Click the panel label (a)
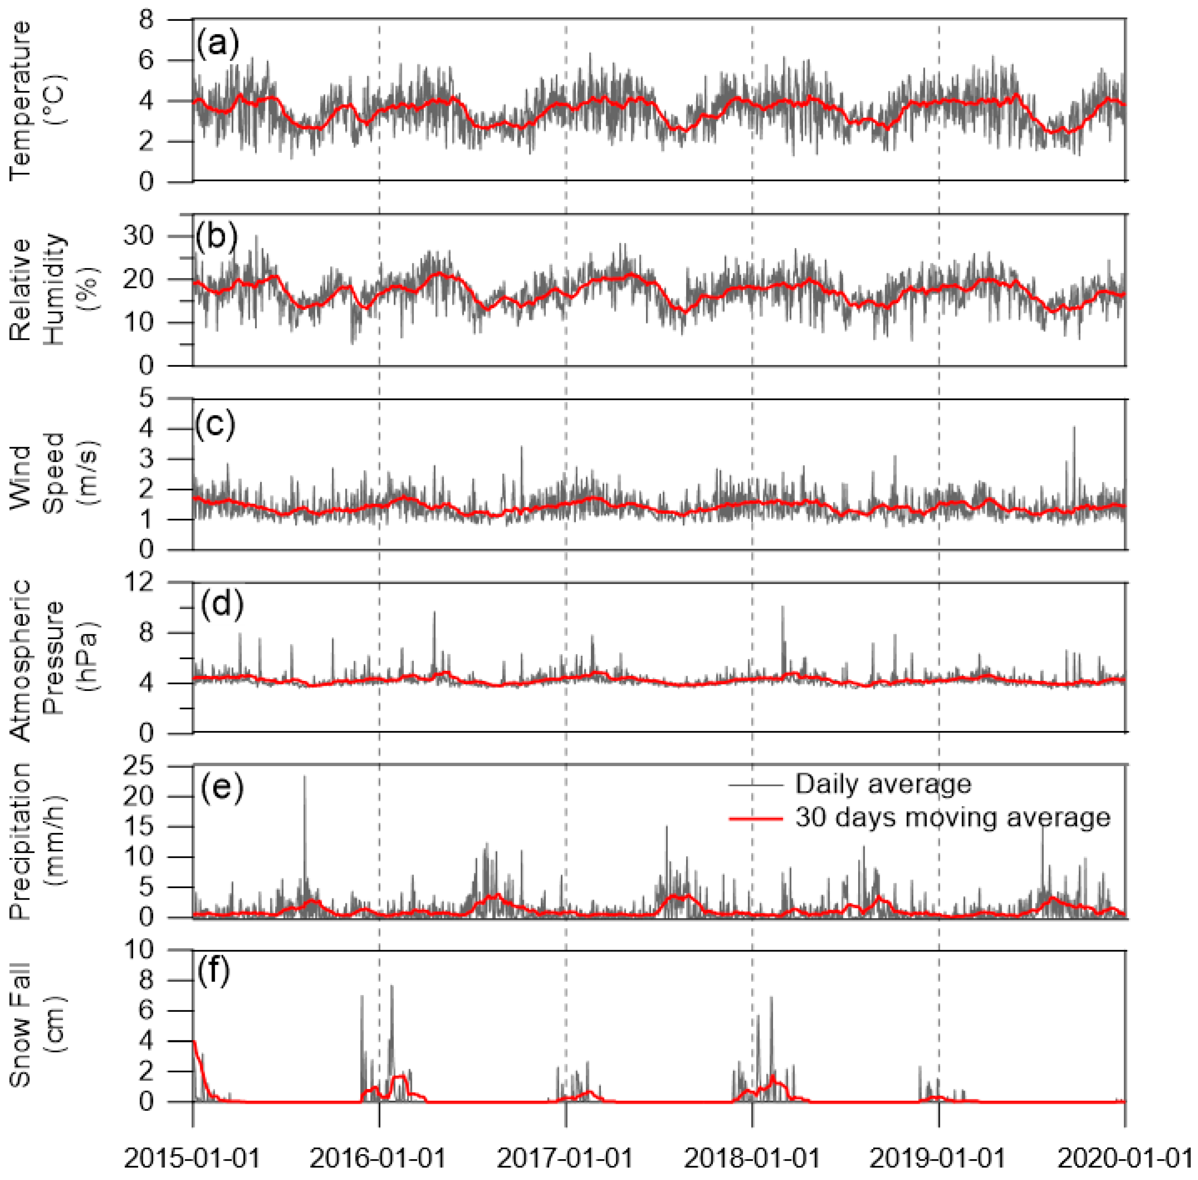tap(216, 45)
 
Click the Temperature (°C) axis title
tap(37, 100)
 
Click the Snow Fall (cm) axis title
tap(37, 1025)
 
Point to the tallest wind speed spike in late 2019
tap(1074, 428)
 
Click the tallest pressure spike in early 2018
tap(783, 607)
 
